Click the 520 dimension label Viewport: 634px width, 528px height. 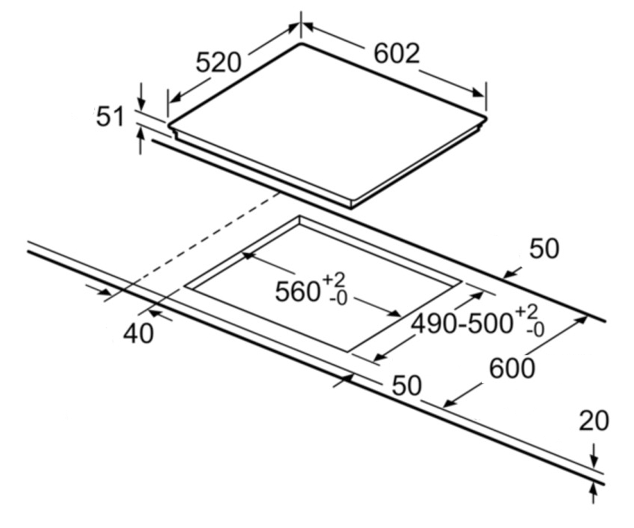click(x=218, y=62)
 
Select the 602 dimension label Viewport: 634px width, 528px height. click(x=396, y=54)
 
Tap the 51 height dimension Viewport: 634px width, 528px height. click(x=110, y=116)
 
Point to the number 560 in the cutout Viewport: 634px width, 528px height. click(x=298, y=292)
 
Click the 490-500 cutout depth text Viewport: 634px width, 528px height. click(x=461, y=324)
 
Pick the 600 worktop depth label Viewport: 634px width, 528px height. click(x=512, y=369)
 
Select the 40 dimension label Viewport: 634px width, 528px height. click(x=138, y=334)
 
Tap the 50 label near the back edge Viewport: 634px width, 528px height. click(x=544, y=249)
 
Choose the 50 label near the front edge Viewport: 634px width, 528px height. click(x=407, y=385)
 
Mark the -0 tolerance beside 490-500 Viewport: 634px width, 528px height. click(x=535, y=331)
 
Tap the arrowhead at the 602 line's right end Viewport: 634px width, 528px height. click(x=478, y=92)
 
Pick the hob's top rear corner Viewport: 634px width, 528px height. click(x=301, y=44)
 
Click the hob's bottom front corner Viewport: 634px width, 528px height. click(x=351, y=209)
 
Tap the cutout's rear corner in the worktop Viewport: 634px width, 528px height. click(x=300, y=216)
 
